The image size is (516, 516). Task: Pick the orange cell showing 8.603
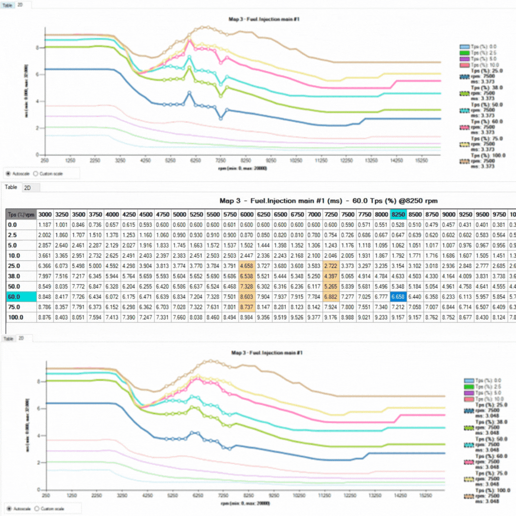click(x=247, y=297)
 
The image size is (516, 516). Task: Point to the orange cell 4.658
click(x=247, y=266)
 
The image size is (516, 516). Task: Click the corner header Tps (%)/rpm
click(x=21, y=215)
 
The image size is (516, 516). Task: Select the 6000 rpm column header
click(x=247, y=215)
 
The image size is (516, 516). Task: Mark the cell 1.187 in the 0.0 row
click(x=45, y=225)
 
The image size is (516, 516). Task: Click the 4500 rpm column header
click(x=146, y=215)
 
